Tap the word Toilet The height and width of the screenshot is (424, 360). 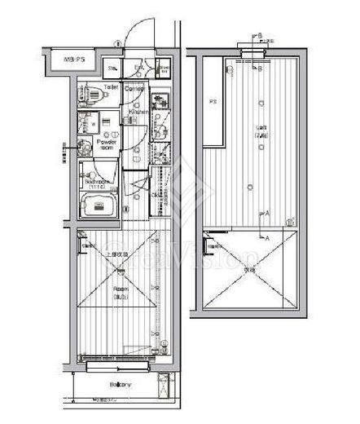coord(110,86)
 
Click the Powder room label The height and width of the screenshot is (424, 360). coord(107,144)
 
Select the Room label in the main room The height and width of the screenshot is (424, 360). coord(121,288)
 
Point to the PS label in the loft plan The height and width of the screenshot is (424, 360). coord(213,103)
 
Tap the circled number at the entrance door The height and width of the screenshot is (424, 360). coord(117,44)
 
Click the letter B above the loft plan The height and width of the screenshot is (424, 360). coord(259,36)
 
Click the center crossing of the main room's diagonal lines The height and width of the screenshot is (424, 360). coord(121,281)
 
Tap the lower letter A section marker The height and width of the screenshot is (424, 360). coord(266,237)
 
